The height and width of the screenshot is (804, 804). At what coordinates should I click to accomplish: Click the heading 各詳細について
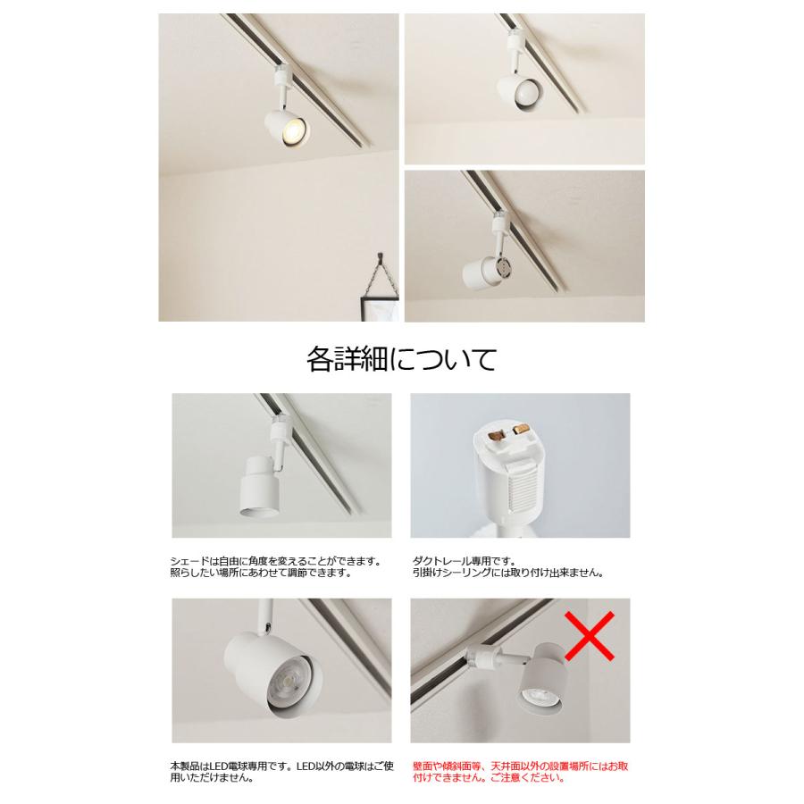pos(401,360)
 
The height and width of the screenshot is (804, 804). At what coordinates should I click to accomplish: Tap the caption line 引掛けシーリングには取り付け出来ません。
pos(507,573)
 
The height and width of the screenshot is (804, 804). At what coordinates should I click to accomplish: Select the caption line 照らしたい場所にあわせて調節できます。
pos(260,573)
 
